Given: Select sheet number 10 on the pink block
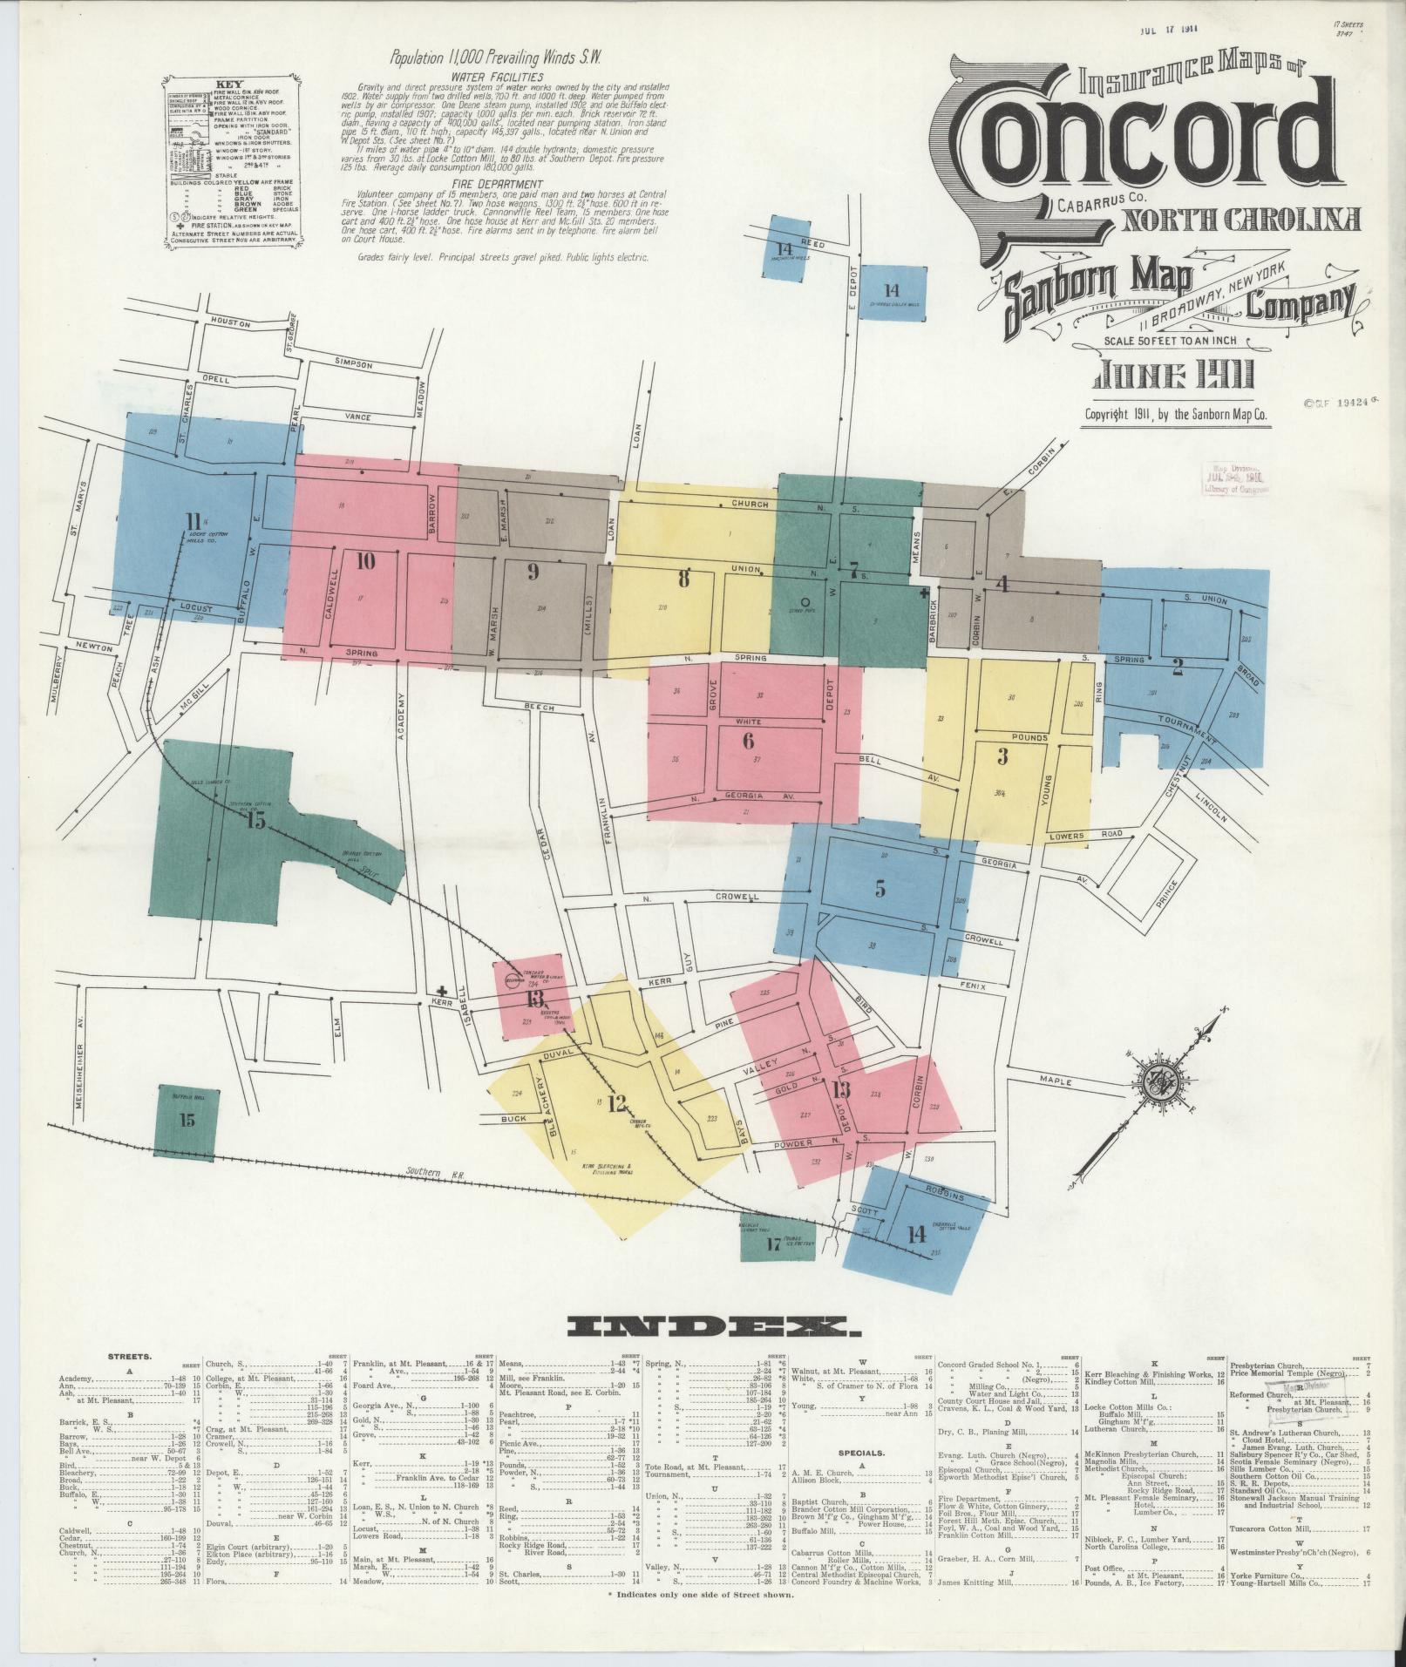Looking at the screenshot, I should (365, 561).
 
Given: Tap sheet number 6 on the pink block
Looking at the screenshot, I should (747, 741).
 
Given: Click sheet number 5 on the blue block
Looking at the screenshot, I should (880, 889).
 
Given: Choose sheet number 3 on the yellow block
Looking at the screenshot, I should (1002, 756).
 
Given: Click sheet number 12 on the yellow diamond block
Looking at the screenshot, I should (617, 1104).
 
